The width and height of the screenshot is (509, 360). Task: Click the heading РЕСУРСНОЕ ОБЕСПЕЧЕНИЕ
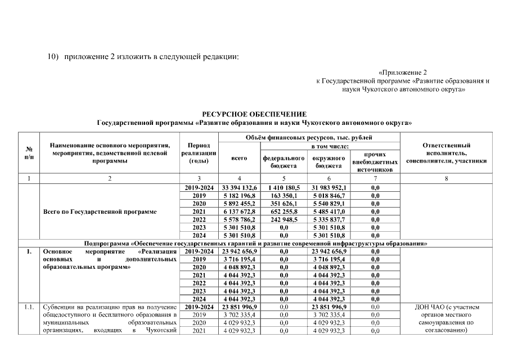coord(254,115)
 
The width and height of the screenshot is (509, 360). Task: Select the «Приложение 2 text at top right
coord(403,73)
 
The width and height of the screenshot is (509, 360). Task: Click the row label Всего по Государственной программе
coord(100,211)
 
